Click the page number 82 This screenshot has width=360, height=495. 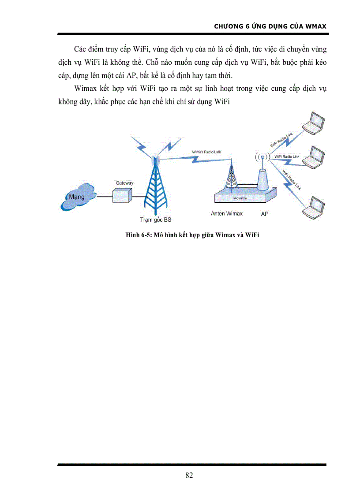[x=189, y=475]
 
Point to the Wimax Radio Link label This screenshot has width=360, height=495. [x=206, y=152]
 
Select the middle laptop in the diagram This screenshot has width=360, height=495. [x=315, y=156]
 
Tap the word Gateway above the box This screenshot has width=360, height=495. [x=124, y=182]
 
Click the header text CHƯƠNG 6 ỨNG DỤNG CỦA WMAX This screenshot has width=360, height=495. [x=270, y=26]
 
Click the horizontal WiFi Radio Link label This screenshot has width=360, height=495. [x=287, y=157]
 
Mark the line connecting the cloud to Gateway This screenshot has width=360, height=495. [x=105, y=197]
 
